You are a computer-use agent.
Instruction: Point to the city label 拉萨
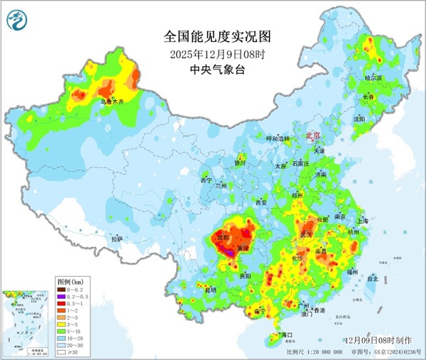point(116,239)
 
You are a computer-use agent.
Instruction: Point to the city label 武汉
point(307,234)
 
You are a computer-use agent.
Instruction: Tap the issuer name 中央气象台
point(213,69)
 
